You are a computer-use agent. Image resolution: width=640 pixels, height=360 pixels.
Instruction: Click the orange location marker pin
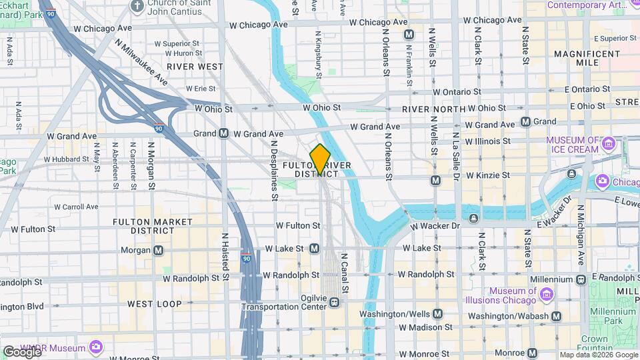click(x=320, y=159)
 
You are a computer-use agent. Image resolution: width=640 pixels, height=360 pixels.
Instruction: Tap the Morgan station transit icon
click(x=158, y=250)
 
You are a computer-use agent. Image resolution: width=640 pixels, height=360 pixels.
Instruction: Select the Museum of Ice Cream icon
click(x=607, y=144)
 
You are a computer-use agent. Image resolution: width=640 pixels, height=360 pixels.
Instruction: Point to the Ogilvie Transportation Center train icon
click(x=334, y=303)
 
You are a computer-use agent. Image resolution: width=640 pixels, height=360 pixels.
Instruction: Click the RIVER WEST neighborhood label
click(x=195, y=67)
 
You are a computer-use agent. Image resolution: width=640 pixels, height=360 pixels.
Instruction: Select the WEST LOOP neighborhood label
click(x=155, y=304)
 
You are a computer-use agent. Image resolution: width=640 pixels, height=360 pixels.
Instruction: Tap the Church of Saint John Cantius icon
click(x=137, y=7)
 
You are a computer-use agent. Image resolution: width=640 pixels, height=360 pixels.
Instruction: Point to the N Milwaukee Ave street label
click(x=141, y=61)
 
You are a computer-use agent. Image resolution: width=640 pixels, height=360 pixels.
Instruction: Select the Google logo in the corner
click(x=21, y=351)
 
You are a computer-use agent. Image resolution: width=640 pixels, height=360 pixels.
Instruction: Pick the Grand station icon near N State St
click(x=525, y=121)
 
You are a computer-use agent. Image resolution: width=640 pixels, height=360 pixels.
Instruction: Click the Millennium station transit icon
click(x=581, y=279)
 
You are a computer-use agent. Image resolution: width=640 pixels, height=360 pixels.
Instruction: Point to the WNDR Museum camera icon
click(x=96, y=347)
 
